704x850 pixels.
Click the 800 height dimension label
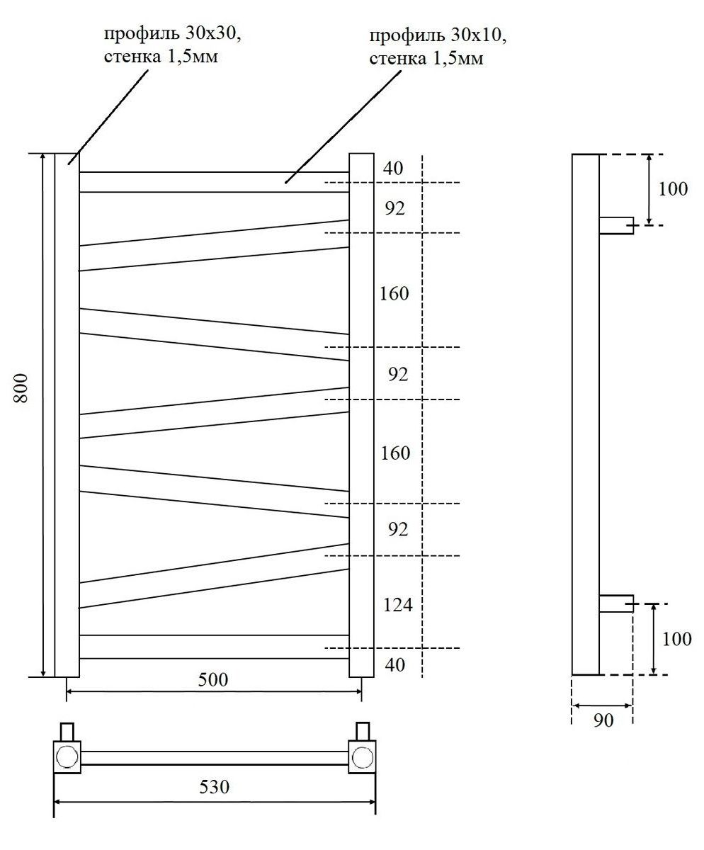point(22,387)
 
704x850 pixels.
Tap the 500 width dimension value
point(213,680)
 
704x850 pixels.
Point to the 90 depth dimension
point(602,721)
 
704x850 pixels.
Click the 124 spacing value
point(397,605)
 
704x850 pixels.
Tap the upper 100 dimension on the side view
point(674,189)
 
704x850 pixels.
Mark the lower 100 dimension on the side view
point(677,639)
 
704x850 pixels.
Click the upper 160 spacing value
point(394,293)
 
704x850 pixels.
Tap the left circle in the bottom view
point(68,756)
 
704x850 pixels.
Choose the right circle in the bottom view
point(362,756)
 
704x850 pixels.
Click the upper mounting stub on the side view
point(615,225)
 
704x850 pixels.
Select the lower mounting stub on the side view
point(615,603)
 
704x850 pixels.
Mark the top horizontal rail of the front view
point(213,182)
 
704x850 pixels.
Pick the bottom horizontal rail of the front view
point(213,647)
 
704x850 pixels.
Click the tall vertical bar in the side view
point(586,414)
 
